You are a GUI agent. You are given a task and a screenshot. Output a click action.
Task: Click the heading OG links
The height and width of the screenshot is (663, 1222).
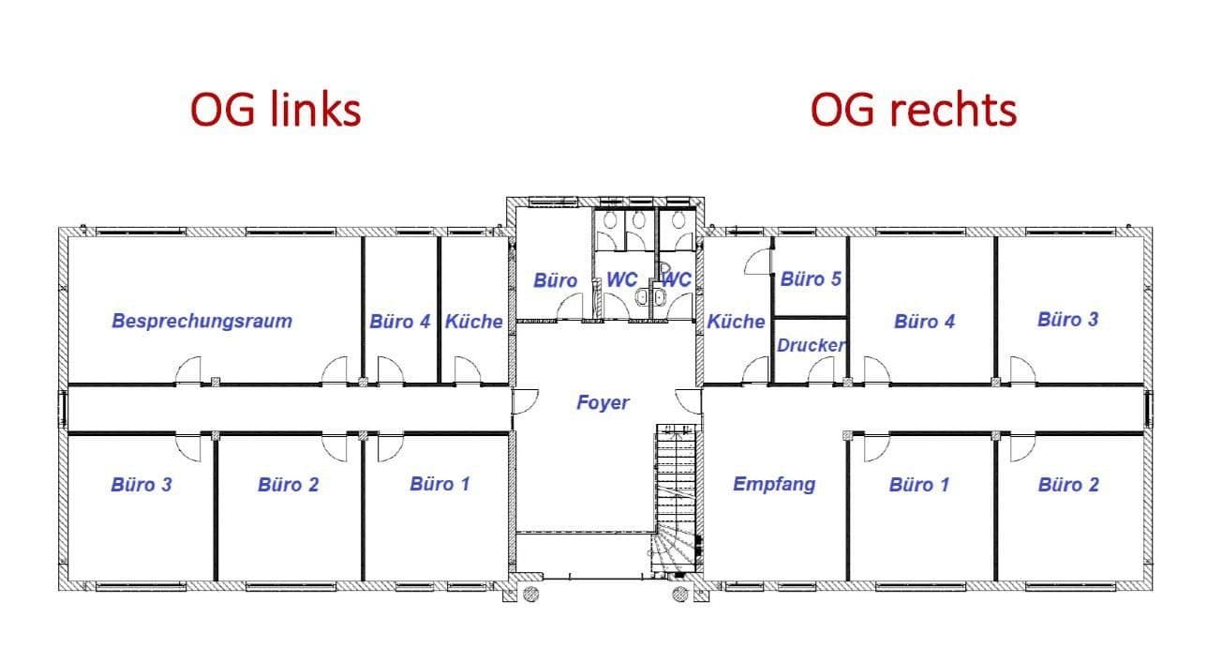tap(276, 110)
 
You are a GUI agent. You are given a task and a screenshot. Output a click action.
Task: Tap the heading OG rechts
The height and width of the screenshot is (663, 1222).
tap(913, 110)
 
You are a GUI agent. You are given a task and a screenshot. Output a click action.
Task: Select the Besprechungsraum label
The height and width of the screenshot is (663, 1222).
tap(201, 321)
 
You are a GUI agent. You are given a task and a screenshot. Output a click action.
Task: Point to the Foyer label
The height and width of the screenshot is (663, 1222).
tap(603, 402)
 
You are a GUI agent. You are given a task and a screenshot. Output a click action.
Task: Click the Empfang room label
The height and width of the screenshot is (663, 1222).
tap(773, 484)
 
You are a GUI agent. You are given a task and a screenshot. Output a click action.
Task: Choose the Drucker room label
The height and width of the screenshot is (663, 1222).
tap(811, 345)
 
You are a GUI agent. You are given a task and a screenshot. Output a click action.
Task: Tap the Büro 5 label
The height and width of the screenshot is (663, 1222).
tap(811, 279)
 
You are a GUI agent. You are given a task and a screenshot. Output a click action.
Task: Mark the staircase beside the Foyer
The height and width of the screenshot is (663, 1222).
tap(677, 502)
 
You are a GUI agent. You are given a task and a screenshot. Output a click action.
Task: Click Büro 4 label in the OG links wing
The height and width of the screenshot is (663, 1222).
tap(399, 322)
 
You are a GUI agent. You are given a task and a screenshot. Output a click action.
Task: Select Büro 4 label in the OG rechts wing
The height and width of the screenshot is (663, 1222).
tap(924, 322)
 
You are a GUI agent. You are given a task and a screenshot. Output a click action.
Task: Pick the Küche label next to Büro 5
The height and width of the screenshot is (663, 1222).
tap(736, 322)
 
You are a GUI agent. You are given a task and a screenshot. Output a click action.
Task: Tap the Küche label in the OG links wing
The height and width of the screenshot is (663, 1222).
tap(473, 322)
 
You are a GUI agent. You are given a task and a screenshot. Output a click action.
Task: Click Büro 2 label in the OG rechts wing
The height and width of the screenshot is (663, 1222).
tap(1068, 485)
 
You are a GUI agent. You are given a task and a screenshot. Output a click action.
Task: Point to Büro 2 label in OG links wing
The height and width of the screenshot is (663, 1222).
tap(288, 485)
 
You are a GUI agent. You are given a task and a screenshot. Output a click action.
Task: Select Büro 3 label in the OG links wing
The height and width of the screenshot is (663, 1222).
tap(141, 485)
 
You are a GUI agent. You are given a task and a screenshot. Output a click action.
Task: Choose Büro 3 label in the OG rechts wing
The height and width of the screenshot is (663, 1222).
tap(1067, 319)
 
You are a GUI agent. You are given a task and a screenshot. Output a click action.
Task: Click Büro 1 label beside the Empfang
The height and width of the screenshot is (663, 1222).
tap(918, 485)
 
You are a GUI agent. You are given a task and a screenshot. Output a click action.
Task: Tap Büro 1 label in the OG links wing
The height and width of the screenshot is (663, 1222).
tap(440, 484)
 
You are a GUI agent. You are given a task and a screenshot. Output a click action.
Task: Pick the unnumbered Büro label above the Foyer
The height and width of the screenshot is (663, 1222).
tap(555, 280)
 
